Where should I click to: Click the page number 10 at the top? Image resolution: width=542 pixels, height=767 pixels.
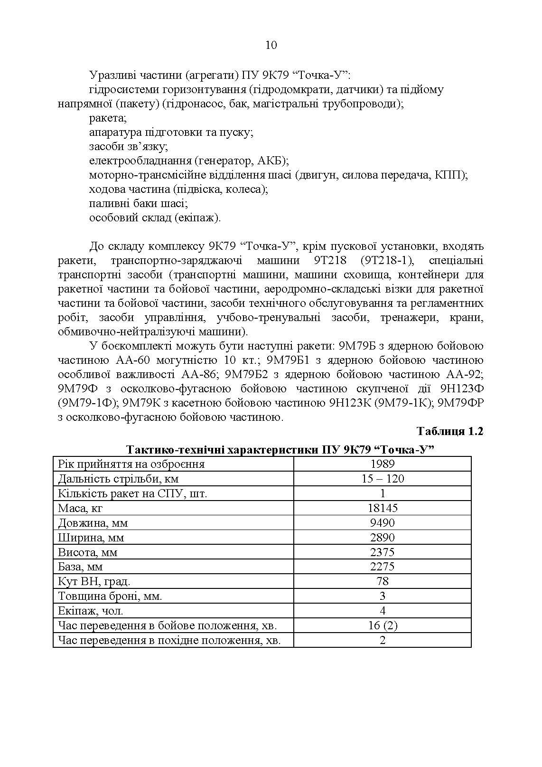click(271, 45)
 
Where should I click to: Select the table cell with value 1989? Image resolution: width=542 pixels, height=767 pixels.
click(383, 464)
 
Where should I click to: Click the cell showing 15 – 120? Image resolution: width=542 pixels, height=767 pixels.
click(383, 479)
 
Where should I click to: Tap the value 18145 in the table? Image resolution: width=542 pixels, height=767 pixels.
click(383, 508)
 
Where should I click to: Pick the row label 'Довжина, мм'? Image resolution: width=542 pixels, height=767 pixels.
click(93, 523)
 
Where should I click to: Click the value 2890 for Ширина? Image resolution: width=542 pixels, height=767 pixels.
click(383, 538)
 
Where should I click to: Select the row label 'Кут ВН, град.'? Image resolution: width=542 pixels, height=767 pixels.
click(94, 581)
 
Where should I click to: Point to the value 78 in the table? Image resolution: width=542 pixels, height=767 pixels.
click(383, 581)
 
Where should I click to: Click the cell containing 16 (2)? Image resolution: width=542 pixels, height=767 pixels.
click(383, 625)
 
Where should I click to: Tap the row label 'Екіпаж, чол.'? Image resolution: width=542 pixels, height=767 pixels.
click(91, 611)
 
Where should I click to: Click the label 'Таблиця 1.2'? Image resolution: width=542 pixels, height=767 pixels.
click(450, 431)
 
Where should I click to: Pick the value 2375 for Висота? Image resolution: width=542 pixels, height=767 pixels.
click(383, 552)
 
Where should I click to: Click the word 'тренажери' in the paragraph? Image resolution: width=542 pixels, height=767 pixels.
click(407, 318)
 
